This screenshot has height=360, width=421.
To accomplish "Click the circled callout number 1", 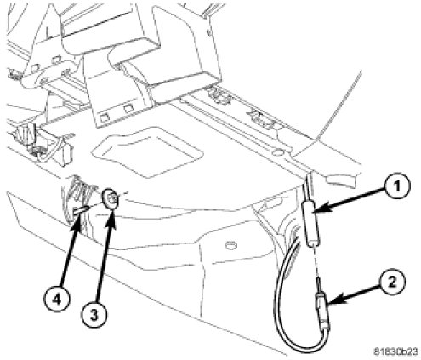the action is [397, 187].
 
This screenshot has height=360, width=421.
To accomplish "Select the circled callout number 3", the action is [94, 315].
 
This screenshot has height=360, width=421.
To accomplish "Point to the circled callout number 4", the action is [57, 300].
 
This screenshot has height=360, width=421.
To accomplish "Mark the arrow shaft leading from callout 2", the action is [358, 294].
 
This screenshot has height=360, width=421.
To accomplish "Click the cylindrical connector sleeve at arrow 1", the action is [312, 222].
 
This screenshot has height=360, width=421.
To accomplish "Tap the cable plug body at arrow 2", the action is [322, 312].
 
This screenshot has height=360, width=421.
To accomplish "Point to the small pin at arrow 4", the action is [81, 211].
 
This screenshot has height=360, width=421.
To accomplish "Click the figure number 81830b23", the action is [395, 351].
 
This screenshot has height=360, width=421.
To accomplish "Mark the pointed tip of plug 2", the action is [318, 278].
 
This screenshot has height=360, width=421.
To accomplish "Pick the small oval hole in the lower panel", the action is [231, 245].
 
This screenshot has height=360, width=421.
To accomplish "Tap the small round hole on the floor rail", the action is [278, 152].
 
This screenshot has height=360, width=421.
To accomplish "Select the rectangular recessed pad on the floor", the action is [147, 152].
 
